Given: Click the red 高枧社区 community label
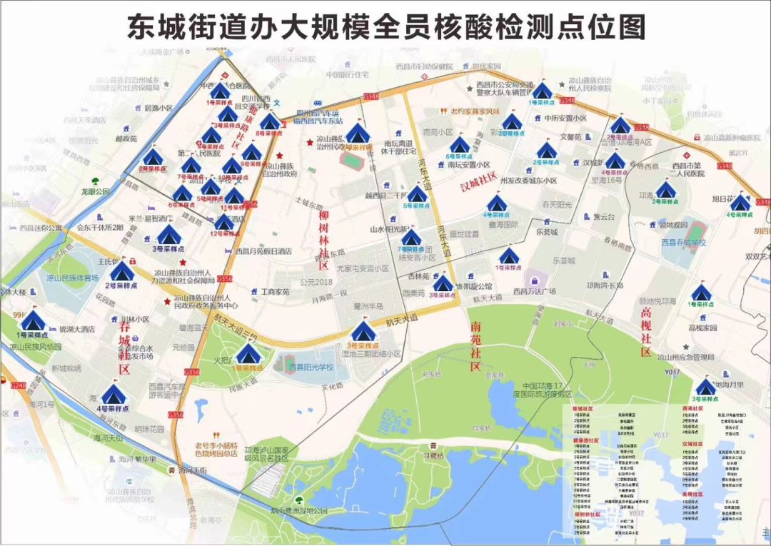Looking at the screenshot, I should tap(646, 331).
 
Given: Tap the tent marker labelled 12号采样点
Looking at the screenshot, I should tap(224, 223).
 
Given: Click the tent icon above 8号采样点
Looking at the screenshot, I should tap(269, 121).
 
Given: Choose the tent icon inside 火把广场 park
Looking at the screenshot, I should tap(248, 353).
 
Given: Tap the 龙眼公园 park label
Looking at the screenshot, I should tap(96, 191).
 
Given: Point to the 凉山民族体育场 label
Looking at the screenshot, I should tap(72, 278).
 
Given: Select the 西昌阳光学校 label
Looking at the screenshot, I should tap(311, 367).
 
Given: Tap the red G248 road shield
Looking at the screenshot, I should tap(19, 385).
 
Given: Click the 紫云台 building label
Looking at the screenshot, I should tap(603, 217).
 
